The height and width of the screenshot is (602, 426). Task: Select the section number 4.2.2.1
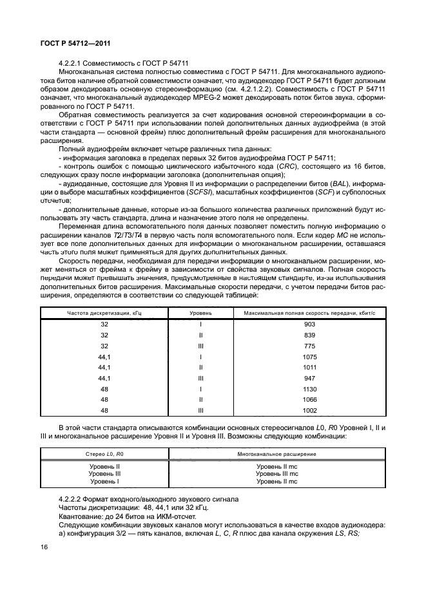(x=70, y=63)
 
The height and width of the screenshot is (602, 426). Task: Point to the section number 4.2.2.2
(x=70, y=499)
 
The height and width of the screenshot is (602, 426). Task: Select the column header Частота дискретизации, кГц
(x=104, y=313)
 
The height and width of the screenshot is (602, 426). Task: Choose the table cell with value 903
(x=309, y=325)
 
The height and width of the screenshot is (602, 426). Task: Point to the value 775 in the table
(x=309, y=345)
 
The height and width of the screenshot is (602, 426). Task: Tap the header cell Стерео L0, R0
(x=104, y=454)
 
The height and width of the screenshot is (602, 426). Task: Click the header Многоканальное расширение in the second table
(x=276, y=454)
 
